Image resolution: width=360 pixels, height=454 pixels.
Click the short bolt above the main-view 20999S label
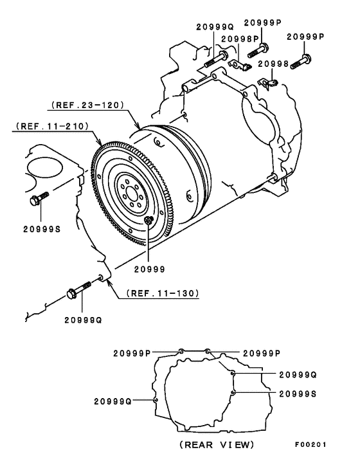(38, 199)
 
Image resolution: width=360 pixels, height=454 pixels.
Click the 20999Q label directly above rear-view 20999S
(298, 374)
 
